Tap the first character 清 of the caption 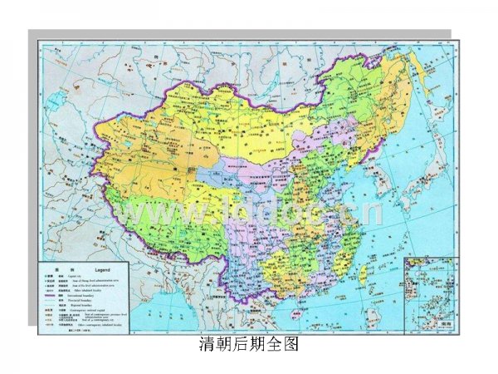point(207,343)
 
